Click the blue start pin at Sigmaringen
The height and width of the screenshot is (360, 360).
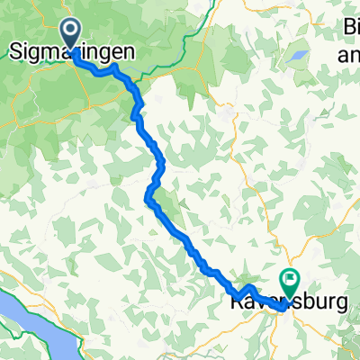(73, 34)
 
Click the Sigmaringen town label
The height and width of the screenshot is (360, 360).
(73, 52)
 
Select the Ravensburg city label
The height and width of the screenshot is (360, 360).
(284, 305)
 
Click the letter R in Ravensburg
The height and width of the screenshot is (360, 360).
(227, 304)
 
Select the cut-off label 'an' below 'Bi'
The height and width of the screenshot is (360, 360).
(347, 57)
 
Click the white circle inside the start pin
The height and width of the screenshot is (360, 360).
(73, 33)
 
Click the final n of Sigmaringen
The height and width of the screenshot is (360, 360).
(136, 52)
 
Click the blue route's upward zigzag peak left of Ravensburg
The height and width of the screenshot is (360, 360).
(249, 286)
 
